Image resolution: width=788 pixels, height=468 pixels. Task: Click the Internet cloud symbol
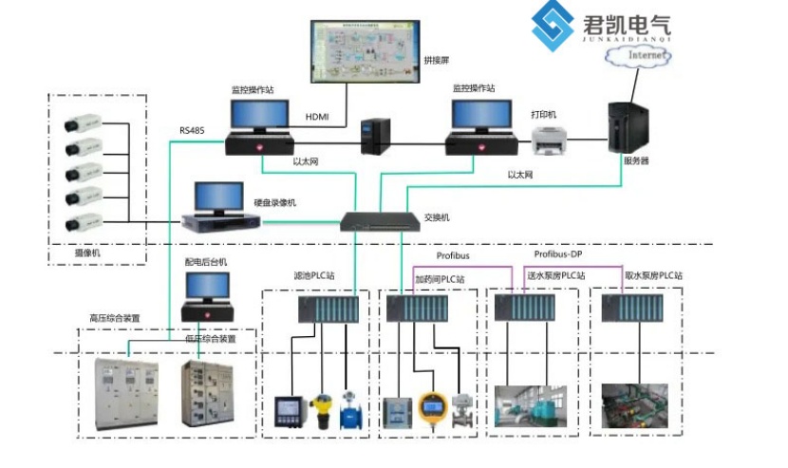(x=637, y=56)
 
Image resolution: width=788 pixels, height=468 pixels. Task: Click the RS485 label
(x=193, y=130)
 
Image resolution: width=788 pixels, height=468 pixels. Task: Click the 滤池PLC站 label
(x=312, y=276)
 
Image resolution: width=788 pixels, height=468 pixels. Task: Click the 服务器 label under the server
(x=636, y=161)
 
